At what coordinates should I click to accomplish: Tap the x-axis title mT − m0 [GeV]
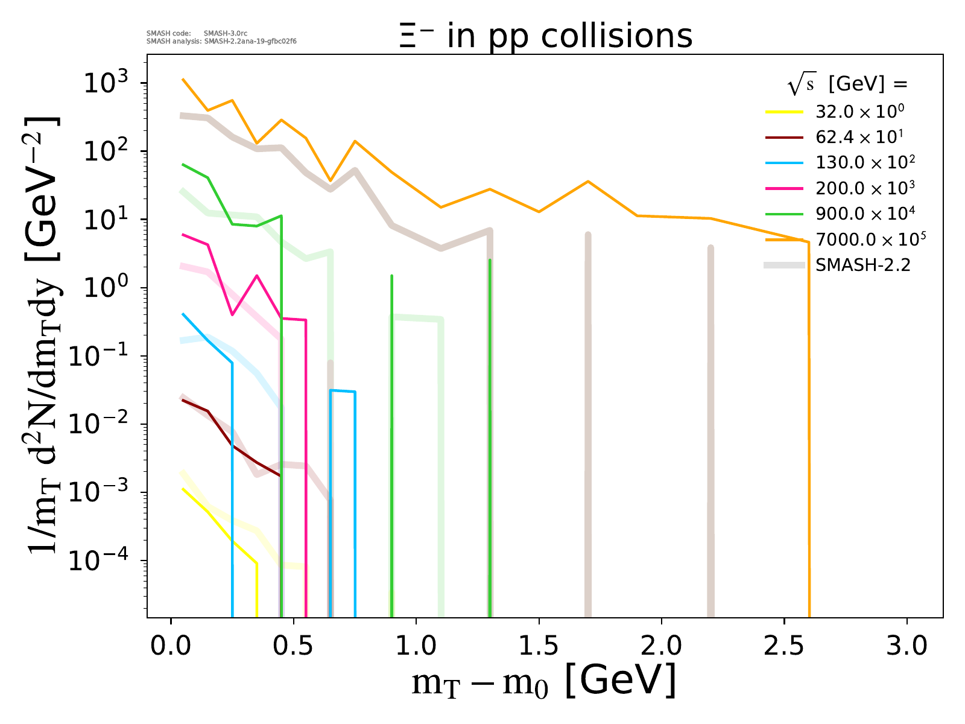tap(543, 682)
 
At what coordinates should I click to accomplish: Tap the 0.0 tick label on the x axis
tap(171, 646)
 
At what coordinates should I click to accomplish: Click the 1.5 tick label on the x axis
tap(539, 646)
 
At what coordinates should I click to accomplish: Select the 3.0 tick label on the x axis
tap(906, 646)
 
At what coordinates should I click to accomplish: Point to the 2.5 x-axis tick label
tap(783, 646)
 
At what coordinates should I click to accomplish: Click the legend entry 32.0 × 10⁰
tap(859, 112)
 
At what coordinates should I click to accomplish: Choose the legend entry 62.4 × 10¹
tap(859, 137)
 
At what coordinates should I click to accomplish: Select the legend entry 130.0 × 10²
tap(865, 162)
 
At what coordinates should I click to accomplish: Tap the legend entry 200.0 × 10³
tap(865, 188)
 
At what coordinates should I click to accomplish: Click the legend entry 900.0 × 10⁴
tap(865, 214)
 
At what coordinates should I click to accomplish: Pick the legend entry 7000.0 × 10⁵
tap(870, 240)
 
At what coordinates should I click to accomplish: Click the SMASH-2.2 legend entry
tap(862, 265)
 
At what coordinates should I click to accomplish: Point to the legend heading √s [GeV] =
tap(847, 85)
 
